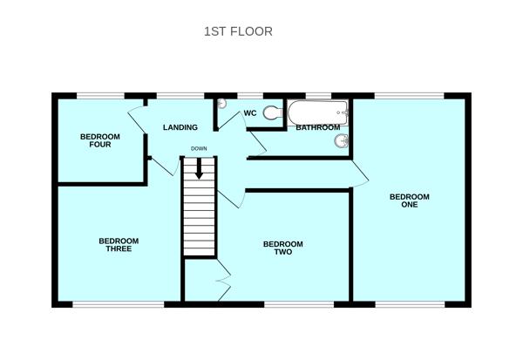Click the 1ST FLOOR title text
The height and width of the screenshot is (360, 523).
point(238,31)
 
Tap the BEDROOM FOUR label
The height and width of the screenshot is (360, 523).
point(100,140)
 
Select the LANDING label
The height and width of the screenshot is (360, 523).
point(180,128)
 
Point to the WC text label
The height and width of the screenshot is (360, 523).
point(249,112)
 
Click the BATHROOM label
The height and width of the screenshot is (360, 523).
point(317,128)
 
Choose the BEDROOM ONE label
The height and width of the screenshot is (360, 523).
point(410,200)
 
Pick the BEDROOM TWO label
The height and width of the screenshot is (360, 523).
point(283,248)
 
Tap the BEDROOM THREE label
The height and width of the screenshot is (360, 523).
point(119,245)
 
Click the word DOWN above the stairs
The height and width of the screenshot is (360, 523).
point(199,148)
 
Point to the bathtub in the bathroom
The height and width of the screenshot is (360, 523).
point(318,111)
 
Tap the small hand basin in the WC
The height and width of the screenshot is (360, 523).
point(221,104)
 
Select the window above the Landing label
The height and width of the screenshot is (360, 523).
point(180,93)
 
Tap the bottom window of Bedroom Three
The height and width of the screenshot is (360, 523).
point(118,303)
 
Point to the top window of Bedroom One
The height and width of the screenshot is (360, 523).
point(409,93)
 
